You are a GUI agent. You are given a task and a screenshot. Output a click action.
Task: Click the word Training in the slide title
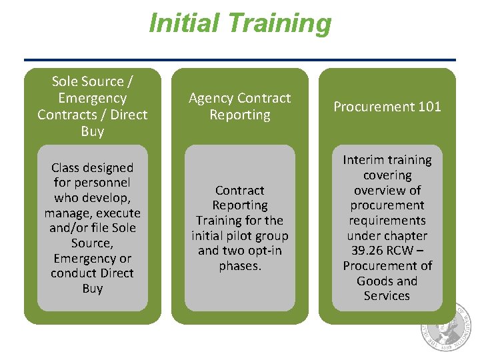(280, 23)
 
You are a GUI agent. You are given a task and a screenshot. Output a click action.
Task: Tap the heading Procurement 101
(387, 107)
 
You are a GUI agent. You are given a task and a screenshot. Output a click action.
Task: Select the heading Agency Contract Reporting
(240, 107)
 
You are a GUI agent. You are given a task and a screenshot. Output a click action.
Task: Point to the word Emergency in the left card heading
(92, 98)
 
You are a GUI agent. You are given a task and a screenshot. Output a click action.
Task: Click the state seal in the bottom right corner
(448, 328)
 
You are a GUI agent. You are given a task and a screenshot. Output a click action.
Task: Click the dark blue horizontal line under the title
(240, 60)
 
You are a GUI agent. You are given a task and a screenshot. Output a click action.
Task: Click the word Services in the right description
(387, 296)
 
